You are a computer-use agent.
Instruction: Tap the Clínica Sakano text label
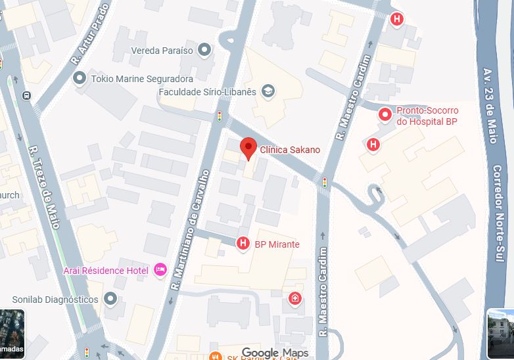click(x=290, y=150)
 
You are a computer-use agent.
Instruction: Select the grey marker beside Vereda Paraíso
click(x=204, y=50)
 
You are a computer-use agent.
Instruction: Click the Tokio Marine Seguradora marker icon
click(x=80, y=79)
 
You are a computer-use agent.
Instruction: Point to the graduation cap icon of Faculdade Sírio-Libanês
click(x=268, y=91)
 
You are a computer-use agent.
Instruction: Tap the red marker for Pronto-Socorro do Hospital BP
click(x=385, y=116)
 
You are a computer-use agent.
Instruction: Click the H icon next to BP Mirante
click(x=243, y=244)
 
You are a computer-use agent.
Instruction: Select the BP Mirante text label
click(x=277, y=244)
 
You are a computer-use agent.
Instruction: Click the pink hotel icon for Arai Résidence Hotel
click(x=160, y=270)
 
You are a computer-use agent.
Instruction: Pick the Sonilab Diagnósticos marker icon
click(x=110, y=300)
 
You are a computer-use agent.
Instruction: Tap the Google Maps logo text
click(x=274, y=353)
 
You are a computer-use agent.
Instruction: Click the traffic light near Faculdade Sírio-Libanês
click(x=220, y=117)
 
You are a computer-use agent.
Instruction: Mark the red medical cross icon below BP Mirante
click(x=295, y=300)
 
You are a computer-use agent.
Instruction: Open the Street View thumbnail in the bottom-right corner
click(x=501, y=334)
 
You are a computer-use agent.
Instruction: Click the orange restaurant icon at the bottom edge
click(x=214, y=357)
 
